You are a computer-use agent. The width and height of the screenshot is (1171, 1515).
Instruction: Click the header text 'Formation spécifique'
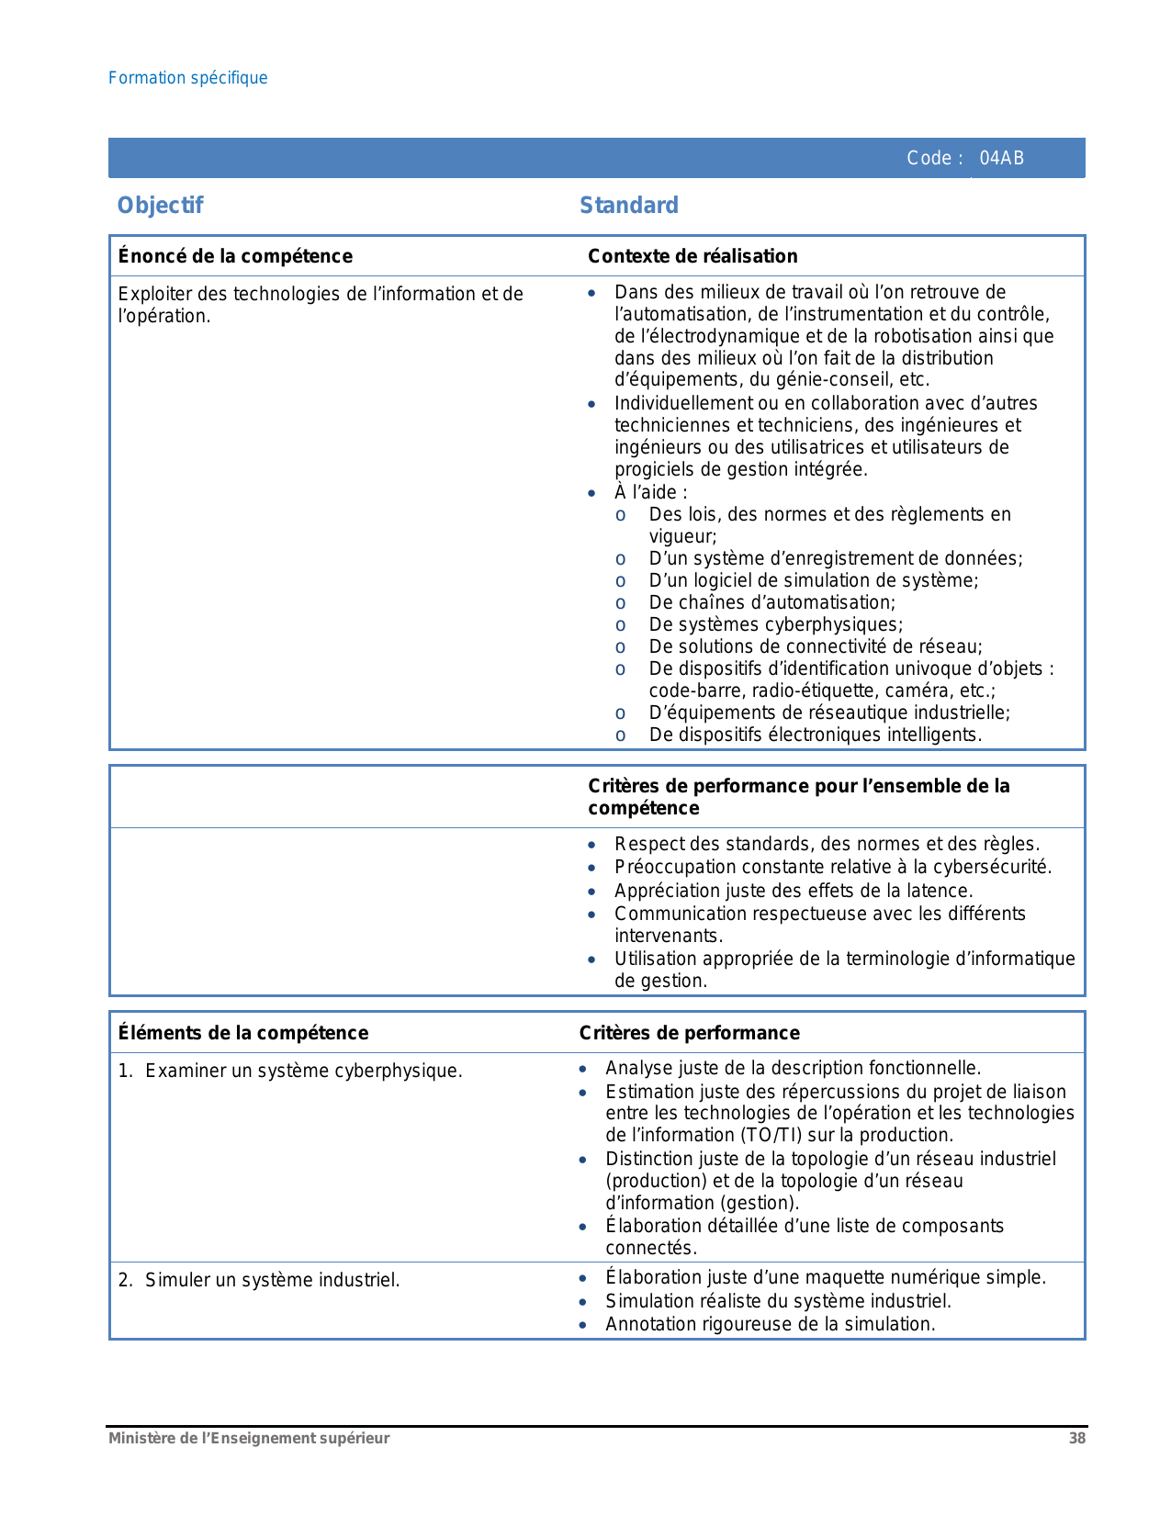(187, 78)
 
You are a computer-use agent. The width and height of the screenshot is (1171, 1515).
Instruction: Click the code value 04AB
(1001, 158)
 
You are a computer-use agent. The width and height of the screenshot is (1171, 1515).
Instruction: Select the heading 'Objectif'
(160, 206)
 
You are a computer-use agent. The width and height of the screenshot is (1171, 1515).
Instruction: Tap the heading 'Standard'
(628, 206)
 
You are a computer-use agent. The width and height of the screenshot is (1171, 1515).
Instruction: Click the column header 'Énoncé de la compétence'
(235, 256)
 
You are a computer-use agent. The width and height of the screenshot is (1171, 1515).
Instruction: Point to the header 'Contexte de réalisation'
(692, 256)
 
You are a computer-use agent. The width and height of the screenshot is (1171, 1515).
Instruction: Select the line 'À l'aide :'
(650, 492)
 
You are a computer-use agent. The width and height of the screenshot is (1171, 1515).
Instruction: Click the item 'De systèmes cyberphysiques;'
(775, 624)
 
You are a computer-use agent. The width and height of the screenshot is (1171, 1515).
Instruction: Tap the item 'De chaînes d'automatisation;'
(771, 602)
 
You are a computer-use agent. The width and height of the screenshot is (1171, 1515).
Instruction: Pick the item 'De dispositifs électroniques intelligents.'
(815, 735)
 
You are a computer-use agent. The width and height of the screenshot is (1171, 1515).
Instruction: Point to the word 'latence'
(940, 891)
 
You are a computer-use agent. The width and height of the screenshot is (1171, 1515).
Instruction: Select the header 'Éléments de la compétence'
(243, 1033)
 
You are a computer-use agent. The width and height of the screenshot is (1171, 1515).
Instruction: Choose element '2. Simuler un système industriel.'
(272, 1280)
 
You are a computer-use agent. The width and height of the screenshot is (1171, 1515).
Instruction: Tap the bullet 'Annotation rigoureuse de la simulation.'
(770, 1324)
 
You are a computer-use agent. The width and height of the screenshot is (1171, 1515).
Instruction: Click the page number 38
(1076, 1439)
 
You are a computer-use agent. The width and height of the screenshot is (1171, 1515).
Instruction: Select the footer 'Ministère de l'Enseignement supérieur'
(249, 1439)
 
